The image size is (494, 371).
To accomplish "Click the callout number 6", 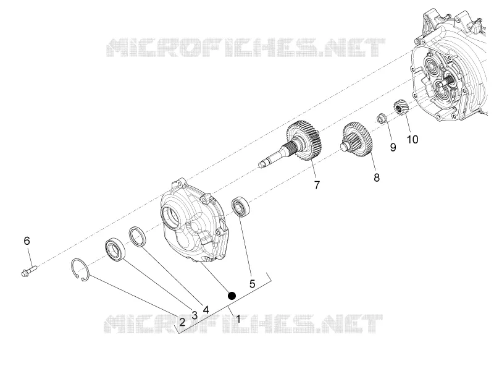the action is pyautogui.click(x=27, y=241).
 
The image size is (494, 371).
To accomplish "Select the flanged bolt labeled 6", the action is pyautogui.click(x=29, y=271).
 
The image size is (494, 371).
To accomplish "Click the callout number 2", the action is pyautogui.click(x=182, y=322).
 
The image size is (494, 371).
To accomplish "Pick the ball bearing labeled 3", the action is pyautogui.click(x=115, y=250).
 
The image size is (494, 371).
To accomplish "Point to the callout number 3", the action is pyautogui.click(x=195, y=315).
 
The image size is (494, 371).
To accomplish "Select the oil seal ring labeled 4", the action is pyautogui.click(x=138, y=236).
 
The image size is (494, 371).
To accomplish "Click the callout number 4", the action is pyautogui.click(x=206, y=310).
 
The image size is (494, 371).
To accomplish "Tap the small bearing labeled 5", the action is pyautogui.click(x=241, y=207).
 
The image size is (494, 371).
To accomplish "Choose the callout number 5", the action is pyautogui.click(x=252, y=284).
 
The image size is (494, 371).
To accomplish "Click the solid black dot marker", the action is pyautogui.click(x=232, y=296).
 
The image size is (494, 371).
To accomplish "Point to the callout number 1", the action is pyautogui.click(x=238, y=319).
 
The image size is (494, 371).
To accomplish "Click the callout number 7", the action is pyautogui.click(x=317, y=185).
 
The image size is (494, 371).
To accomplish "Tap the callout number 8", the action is pyautogui.click(x=377, y=177).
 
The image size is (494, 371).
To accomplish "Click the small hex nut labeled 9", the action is pyautogui.click(x=382, y=118).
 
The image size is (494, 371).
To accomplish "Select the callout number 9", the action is pyautogui.click(x=393, y=147).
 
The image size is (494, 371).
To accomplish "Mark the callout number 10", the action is pyautogui.click(x=412, y=139).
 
